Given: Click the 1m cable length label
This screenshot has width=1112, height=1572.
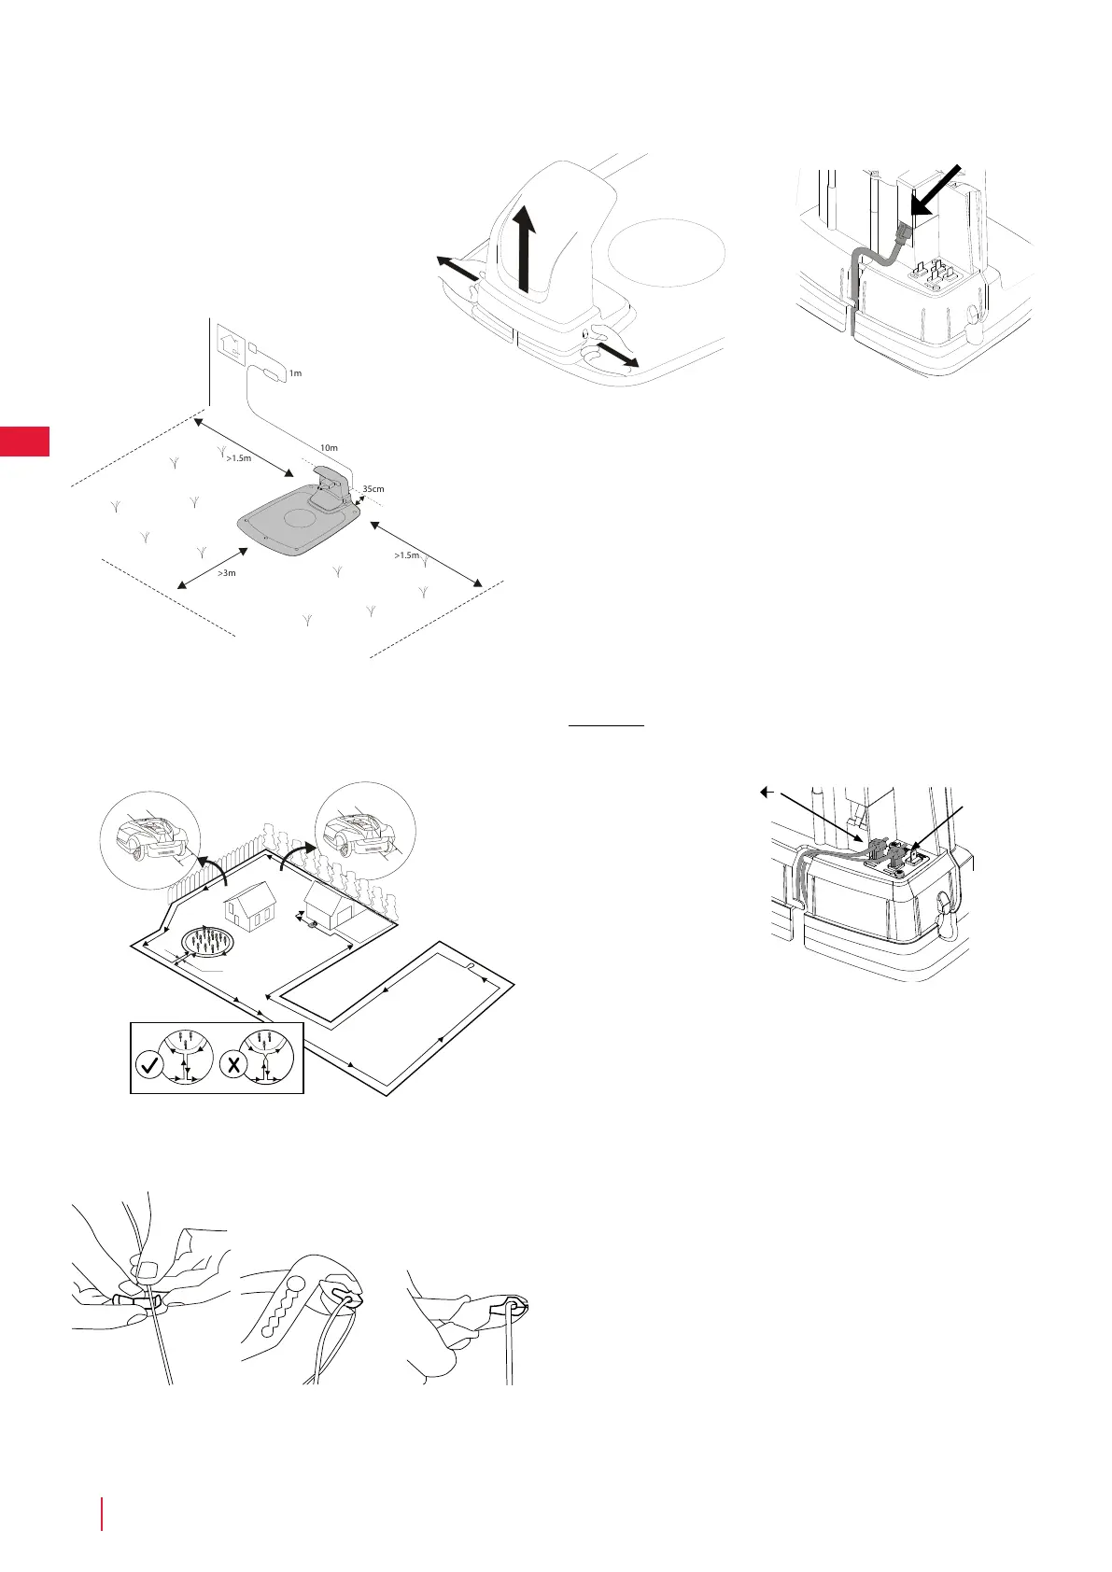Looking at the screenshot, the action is pos(295,373).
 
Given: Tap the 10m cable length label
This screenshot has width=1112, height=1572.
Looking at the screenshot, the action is pos(328,448).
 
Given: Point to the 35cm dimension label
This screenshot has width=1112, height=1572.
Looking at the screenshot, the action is pos(373,488).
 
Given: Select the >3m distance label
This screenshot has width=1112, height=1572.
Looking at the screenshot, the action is pos(227,573).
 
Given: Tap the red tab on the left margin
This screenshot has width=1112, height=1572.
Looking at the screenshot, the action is pos(24,441).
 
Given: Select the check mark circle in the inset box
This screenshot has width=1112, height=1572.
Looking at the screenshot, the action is pos(149,1065).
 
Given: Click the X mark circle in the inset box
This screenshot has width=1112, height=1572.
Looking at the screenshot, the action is pos(232,1065).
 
